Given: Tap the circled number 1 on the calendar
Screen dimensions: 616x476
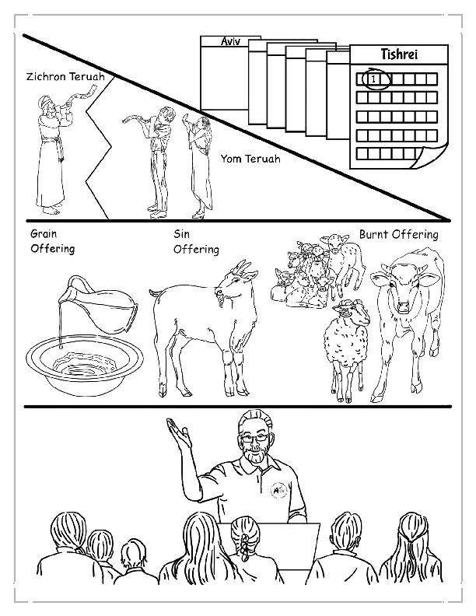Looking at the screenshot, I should tap(374, 79).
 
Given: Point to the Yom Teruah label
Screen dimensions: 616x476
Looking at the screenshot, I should tap(250, 159).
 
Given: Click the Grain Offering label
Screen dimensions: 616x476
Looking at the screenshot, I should tap(52, 241).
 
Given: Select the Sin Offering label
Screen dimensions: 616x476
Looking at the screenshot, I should tap(195, 241).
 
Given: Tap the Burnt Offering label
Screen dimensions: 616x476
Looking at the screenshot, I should tap(398, 234).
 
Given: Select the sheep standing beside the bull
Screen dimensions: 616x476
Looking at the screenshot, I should tap(347, 338).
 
